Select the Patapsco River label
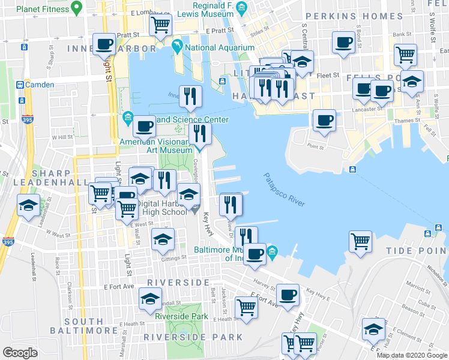tap(284, 190)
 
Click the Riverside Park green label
tap(181, 316)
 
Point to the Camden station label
tap(40, 85)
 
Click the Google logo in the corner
tap(20, 353)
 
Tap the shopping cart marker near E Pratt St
tap(160, 25)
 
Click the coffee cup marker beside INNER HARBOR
tap(104, 44)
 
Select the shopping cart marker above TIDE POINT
tap(360, 241)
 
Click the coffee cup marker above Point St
tap(324, 119)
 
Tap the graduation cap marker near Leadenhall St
tap(28, 205)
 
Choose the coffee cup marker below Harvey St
tap(288, 294)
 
